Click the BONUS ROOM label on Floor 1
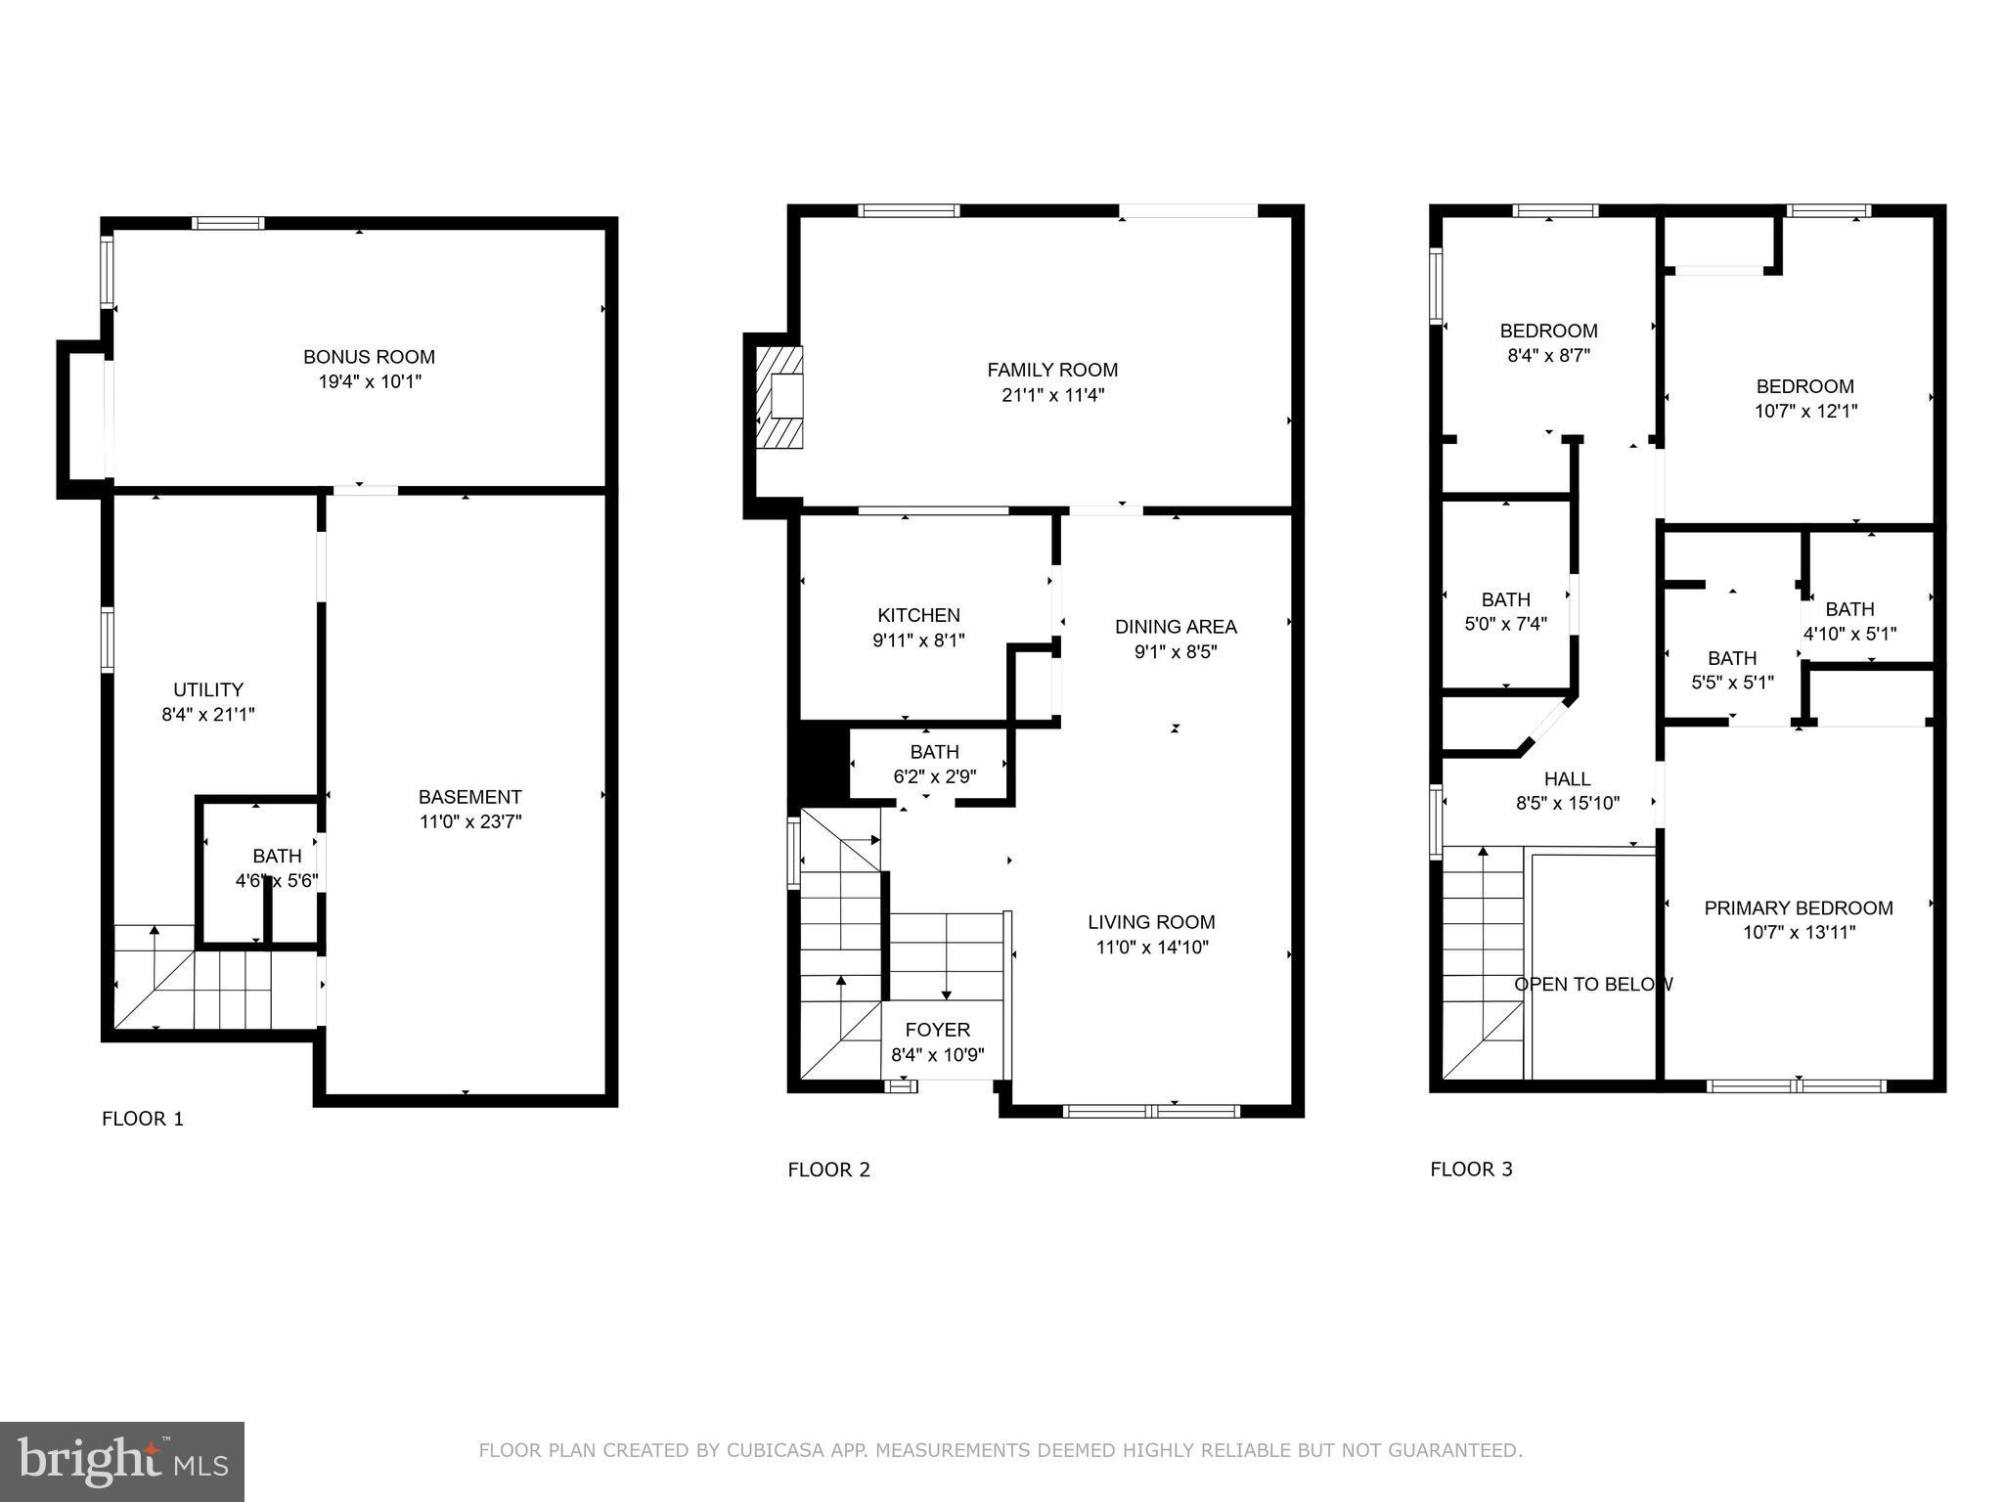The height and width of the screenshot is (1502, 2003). [x=369, y=357]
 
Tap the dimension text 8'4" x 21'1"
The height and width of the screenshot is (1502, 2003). [x=208, y=715]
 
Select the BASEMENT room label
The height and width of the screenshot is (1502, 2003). [x=469, y=797]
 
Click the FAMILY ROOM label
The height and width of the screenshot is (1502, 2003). [x=1052, y=370]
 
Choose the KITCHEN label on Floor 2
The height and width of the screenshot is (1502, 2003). [x=918, y=615]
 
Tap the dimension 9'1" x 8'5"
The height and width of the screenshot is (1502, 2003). [x=1176, y=652]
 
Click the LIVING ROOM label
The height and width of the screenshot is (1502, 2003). [x=1151, y=922]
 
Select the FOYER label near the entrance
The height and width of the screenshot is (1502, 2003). [x=937, y=1030]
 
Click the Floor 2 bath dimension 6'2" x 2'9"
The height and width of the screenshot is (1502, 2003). [x=934, y=777]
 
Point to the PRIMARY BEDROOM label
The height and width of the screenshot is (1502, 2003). [x=1798, y=907]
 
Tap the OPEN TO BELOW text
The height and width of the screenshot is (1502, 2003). [x=1593, y=984]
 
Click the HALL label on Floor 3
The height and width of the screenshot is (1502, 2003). [x=1567, y=778]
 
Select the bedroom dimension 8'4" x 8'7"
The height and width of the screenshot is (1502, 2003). [x=1548, y=356]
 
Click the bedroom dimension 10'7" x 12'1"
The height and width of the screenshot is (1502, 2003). [x=1804, y=412]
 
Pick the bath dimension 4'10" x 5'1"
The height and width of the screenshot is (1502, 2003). [x=1849, y=634]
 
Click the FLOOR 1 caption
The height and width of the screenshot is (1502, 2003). [x=143, y=1119]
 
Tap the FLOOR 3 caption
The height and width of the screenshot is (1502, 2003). [x=1471, y=1169]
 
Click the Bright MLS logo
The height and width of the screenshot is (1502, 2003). [x=121, y=1460]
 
